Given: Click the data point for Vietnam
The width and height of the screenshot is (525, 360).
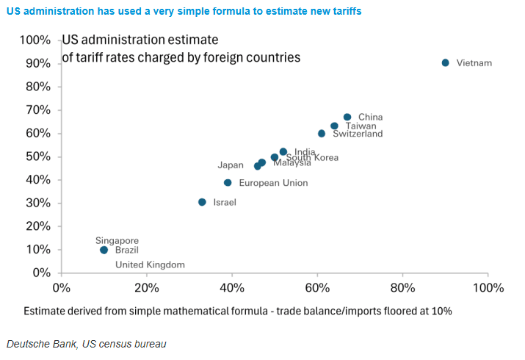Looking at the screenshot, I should [445, 63].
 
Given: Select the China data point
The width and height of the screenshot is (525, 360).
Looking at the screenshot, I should [347, 117].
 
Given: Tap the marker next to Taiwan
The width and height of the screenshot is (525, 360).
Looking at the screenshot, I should [334, 126].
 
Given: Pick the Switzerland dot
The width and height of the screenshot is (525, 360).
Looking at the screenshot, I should [322, 134].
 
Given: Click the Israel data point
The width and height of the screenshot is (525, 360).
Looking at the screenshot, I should [202, 202].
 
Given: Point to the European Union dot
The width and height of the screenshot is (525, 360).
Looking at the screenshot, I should [228, 183].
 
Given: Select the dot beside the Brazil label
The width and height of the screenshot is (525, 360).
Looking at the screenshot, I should [104, 251].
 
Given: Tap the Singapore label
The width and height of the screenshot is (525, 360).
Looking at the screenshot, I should [117, 240].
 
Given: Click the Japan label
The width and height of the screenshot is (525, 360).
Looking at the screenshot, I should [230, 165].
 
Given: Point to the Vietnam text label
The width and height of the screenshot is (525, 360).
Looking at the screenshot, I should [474, 63].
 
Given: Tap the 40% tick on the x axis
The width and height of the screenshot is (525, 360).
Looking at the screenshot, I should [231, 287].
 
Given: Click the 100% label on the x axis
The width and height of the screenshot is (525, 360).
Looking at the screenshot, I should [488, 287].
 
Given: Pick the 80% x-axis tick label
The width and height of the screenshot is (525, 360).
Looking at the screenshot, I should [402, 287].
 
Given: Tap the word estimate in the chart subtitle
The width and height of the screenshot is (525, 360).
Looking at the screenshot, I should [198, 40].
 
